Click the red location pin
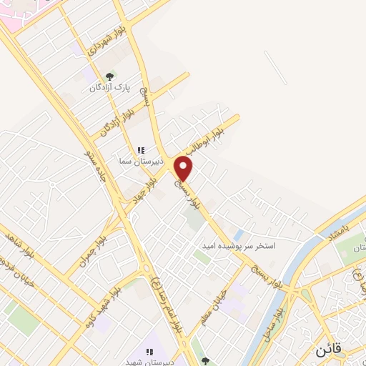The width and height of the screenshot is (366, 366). (x=184, y=168)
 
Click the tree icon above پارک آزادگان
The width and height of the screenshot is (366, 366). (x=109, y=75)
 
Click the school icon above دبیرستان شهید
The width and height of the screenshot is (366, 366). (x=150, y=351)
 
